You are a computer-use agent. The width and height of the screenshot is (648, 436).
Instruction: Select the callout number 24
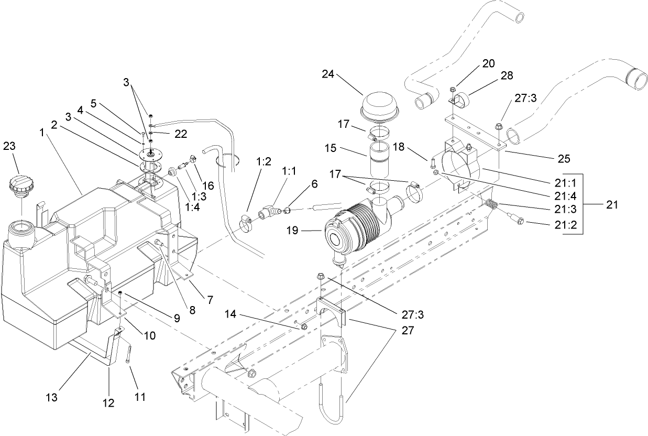[328, 74]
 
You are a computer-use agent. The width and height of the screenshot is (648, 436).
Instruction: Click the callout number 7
[210, 300]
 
